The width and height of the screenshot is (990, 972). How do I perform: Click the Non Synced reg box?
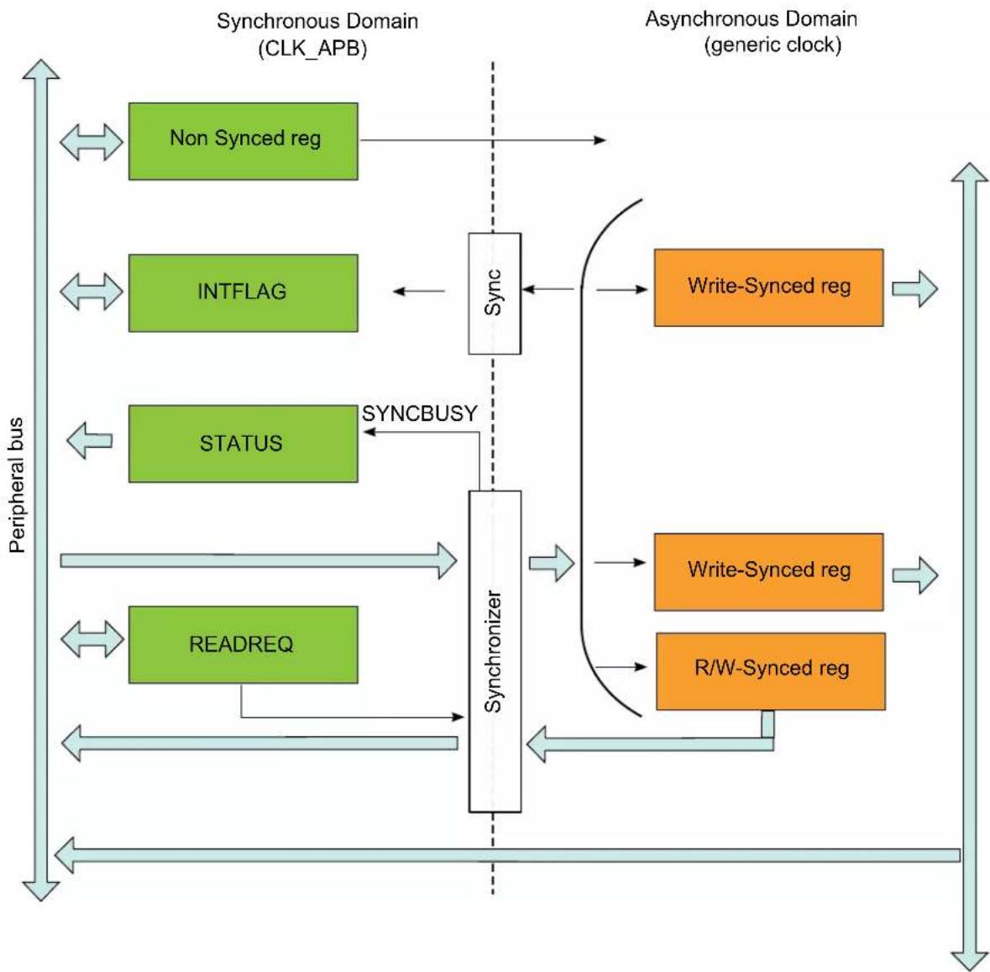tap(243, 141)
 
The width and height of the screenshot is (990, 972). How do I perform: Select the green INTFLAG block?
tap(243, 293)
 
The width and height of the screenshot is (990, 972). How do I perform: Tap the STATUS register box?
tap(243, 444)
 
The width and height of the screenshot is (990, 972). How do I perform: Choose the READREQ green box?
tap(243, 645)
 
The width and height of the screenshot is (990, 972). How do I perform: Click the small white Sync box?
tap(495, 294)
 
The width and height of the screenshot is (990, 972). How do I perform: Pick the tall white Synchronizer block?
tap(495, 651)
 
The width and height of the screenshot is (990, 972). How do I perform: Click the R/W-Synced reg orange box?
tap(771, 671)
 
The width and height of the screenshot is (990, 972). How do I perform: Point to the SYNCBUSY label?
tap(419, 413)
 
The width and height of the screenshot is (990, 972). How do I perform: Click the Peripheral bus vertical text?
tap(17, 485)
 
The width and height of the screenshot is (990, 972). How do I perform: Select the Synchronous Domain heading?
tap(317, 21)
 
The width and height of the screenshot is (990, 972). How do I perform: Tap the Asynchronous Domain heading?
tap(752, 19)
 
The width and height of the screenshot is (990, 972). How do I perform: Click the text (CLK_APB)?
tap(312, 48)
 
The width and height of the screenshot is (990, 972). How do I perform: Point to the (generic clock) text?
tap(773, 45)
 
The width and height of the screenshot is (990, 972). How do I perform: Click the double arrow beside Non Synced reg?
tap(92, 142)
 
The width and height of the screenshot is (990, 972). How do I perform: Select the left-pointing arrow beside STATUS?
tap(90, 440)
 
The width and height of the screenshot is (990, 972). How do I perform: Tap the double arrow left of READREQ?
tap(92, 639)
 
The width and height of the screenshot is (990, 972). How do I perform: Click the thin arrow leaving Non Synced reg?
tap(483, 140)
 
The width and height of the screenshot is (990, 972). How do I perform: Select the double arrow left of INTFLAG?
tap(92, 292)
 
